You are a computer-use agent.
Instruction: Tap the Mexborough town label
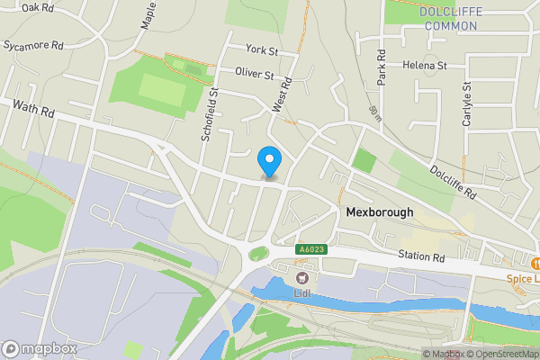pyautogui.click(x=379, y=213)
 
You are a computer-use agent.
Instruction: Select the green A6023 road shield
pyautogui.click(x=310, y=249)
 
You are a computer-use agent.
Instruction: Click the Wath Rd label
pyautogui.click(x=34, y=112)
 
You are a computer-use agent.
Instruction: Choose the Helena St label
pyautogui.click(x=425, y=66)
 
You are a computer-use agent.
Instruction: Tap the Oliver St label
pyautogui.click(x=254, y=74)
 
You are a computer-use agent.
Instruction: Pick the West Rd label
pyautogui.click(x=282, y=94)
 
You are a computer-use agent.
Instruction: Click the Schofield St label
pyautogui.click(x=211, y=115)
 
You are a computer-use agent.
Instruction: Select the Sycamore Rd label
pyautogui.click(x=33, y=43)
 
